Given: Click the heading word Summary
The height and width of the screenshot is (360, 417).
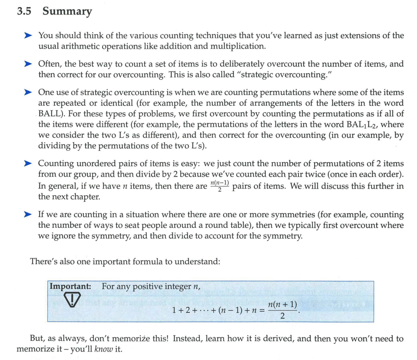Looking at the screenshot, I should (x=67, y=11).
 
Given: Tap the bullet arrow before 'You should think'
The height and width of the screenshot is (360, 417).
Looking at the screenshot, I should (x=28, y=35).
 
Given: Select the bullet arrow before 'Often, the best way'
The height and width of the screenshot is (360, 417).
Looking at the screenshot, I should (x=28, y=63).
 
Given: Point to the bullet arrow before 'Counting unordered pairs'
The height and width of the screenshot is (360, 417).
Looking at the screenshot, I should (x=28, y=163).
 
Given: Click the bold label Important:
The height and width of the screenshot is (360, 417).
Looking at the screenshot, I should (x=70, y=287).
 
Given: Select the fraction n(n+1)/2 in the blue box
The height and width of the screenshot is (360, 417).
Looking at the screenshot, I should (x=283, y=310).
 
